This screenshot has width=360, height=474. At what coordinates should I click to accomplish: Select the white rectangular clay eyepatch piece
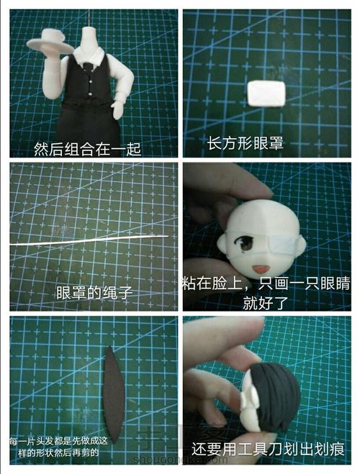coord(266,94)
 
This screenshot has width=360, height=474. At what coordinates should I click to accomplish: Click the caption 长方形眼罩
coord(245,143)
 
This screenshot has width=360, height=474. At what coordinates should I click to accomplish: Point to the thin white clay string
coord(89,240)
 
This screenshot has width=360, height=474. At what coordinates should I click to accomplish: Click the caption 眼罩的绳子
coord(95,293)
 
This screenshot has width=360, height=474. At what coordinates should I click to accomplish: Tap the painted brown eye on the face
coord(246,244)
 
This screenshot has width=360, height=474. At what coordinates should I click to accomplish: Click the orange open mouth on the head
coord(260,268)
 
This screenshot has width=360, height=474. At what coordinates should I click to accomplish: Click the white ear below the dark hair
coord(249,397)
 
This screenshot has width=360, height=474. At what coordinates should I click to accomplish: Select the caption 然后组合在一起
coord(87,150)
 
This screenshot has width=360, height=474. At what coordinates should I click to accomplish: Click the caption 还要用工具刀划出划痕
coord(268,450)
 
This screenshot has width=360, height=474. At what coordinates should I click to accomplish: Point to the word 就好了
coord(265,303)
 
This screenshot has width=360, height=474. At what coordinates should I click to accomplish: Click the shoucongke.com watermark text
coord(180,460)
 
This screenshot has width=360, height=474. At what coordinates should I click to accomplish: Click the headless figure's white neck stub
coord(89,39)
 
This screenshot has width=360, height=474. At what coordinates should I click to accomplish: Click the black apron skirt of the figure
coord(89,121)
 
